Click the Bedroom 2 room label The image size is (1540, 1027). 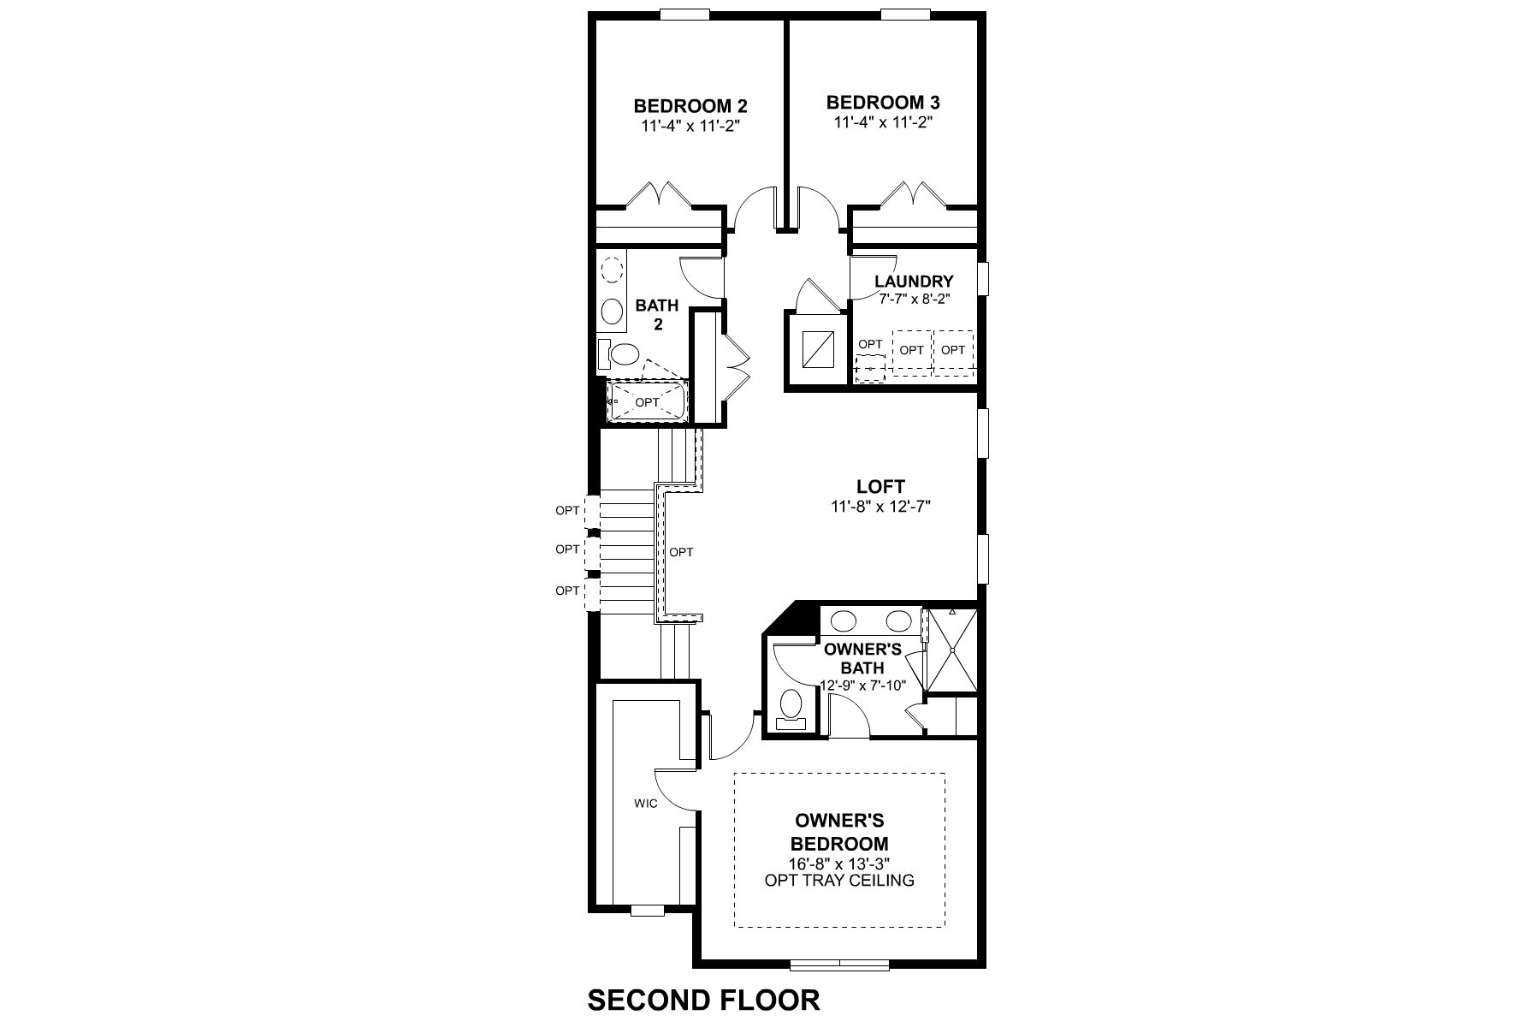click(x=690, y=106)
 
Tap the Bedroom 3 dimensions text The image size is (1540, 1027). click(x=882, y=122)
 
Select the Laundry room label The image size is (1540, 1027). click(x=914, y=282)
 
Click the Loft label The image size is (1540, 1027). click(x=880, y=487)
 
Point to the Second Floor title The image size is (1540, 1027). click(x=703, y=1000)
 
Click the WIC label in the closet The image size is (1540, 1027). click(x=645, y=804)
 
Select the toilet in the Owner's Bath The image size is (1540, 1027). click(x=791, y=706)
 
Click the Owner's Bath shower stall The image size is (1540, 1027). click(x=951, y=649)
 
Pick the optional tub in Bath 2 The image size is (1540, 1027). click(x=647, y=401)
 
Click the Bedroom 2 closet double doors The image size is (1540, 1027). click(x=658, y=195)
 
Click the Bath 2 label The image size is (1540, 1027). click(x=657, y=314)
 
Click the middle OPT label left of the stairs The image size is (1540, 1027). click(x=567, y=549)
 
